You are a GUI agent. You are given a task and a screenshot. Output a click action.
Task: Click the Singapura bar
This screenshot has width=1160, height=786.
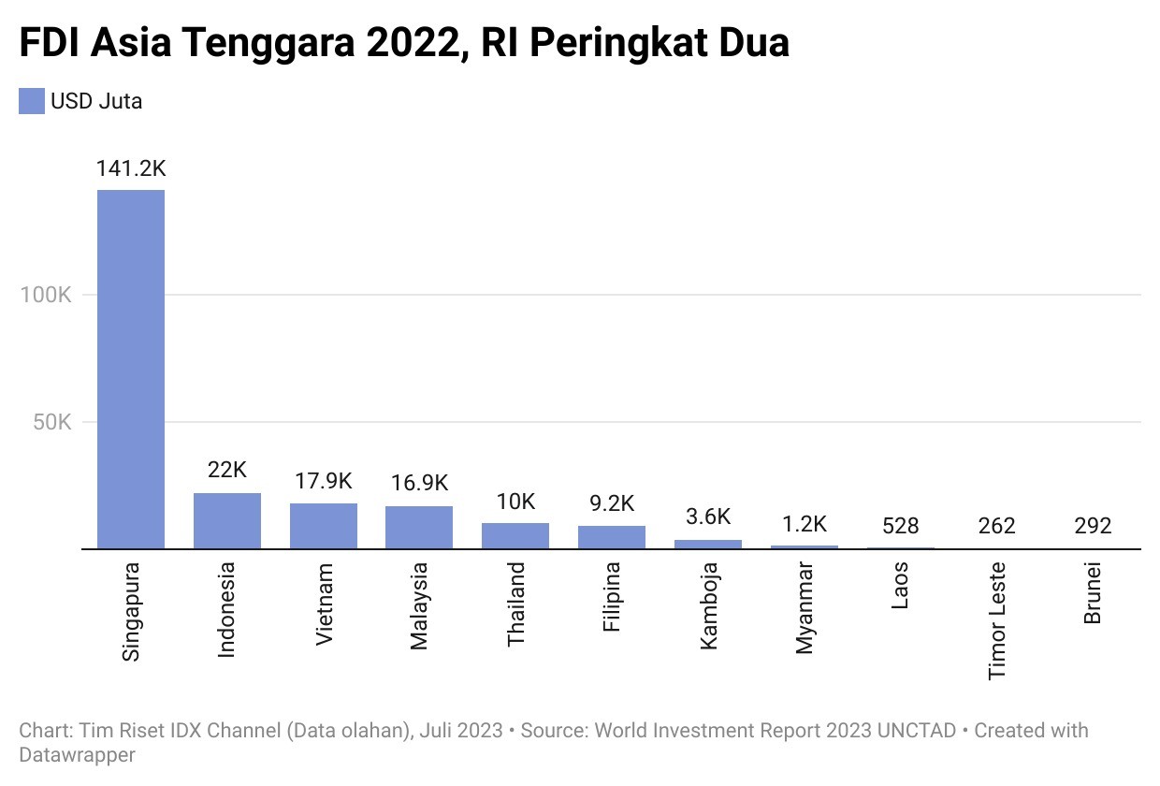point(131,369)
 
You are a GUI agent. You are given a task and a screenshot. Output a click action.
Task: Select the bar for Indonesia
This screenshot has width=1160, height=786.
point(227,520)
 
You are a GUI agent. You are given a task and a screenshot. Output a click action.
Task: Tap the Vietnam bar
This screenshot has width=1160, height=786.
point(324,526)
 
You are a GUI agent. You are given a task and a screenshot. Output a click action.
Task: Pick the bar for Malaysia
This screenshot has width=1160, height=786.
point(419,527)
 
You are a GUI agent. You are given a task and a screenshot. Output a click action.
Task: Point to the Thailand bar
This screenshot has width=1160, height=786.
point(515,535)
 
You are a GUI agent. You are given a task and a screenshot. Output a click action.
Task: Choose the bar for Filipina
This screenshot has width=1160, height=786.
point(612,537)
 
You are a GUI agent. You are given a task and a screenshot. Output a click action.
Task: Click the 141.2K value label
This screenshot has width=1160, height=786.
point(131,169)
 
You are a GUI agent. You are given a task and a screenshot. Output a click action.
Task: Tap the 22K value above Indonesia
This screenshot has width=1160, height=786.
point(227,471)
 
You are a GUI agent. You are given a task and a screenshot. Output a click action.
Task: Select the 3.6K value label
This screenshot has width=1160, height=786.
point(708,517)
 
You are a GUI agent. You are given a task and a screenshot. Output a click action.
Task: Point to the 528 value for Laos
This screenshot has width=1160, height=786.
point(900,526)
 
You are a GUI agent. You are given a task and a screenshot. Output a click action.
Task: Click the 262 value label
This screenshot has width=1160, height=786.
point(996,526)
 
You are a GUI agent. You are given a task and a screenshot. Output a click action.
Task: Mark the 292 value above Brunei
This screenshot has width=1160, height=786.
point(1092,526)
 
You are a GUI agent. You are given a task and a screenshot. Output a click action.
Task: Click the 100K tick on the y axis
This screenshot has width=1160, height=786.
point(46,295)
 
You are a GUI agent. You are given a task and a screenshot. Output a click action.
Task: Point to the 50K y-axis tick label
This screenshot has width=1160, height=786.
point(51,422)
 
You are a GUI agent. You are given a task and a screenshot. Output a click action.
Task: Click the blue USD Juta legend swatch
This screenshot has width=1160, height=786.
point(32,101)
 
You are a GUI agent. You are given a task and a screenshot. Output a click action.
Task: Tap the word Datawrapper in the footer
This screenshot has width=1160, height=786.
point(78,754)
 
